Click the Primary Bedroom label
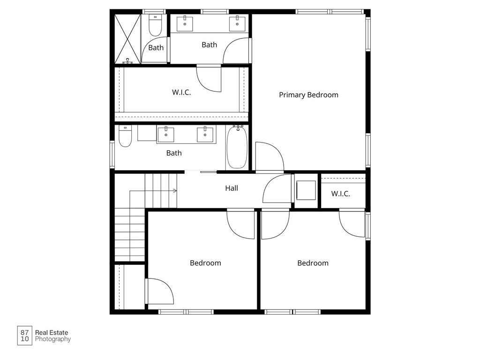point(308,95)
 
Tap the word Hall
point(232,188)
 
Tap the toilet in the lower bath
point(125,136)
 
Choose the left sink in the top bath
point(186,22)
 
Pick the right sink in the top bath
point(237,22)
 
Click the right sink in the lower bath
point(205,135)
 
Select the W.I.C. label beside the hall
point(341,194)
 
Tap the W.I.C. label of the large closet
point(181,92)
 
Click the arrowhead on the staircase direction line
point(175,191)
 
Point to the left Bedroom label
point(205,263)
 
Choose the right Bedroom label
point(313,263)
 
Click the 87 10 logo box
point(25,336)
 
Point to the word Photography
point(53,339)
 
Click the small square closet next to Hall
point(306,191)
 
